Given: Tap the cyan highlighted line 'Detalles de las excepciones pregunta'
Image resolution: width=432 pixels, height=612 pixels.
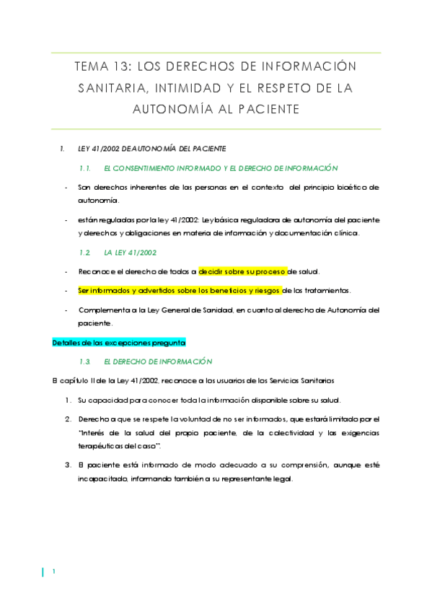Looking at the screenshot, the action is pos(119,343).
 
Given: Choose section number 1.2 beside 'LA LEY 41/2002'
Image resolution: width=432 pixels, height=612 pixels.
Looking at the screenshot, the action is pos(84,253).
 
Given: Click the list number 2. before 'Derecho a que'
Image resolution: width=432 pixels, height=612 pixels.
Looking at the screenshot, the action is pos(67,419).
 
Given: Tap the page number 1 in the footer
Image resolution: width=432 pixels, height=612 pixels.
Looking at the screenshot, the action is pos(53,572).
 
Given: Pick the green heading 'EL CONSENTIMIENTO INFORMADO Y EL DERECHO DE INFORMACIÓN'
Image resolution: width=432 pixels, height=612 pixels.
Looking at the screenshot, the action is pos(221,167).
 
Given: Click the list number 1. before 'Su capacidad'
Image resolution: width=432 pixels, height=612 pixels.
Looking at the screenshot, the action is pos(67,400).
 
